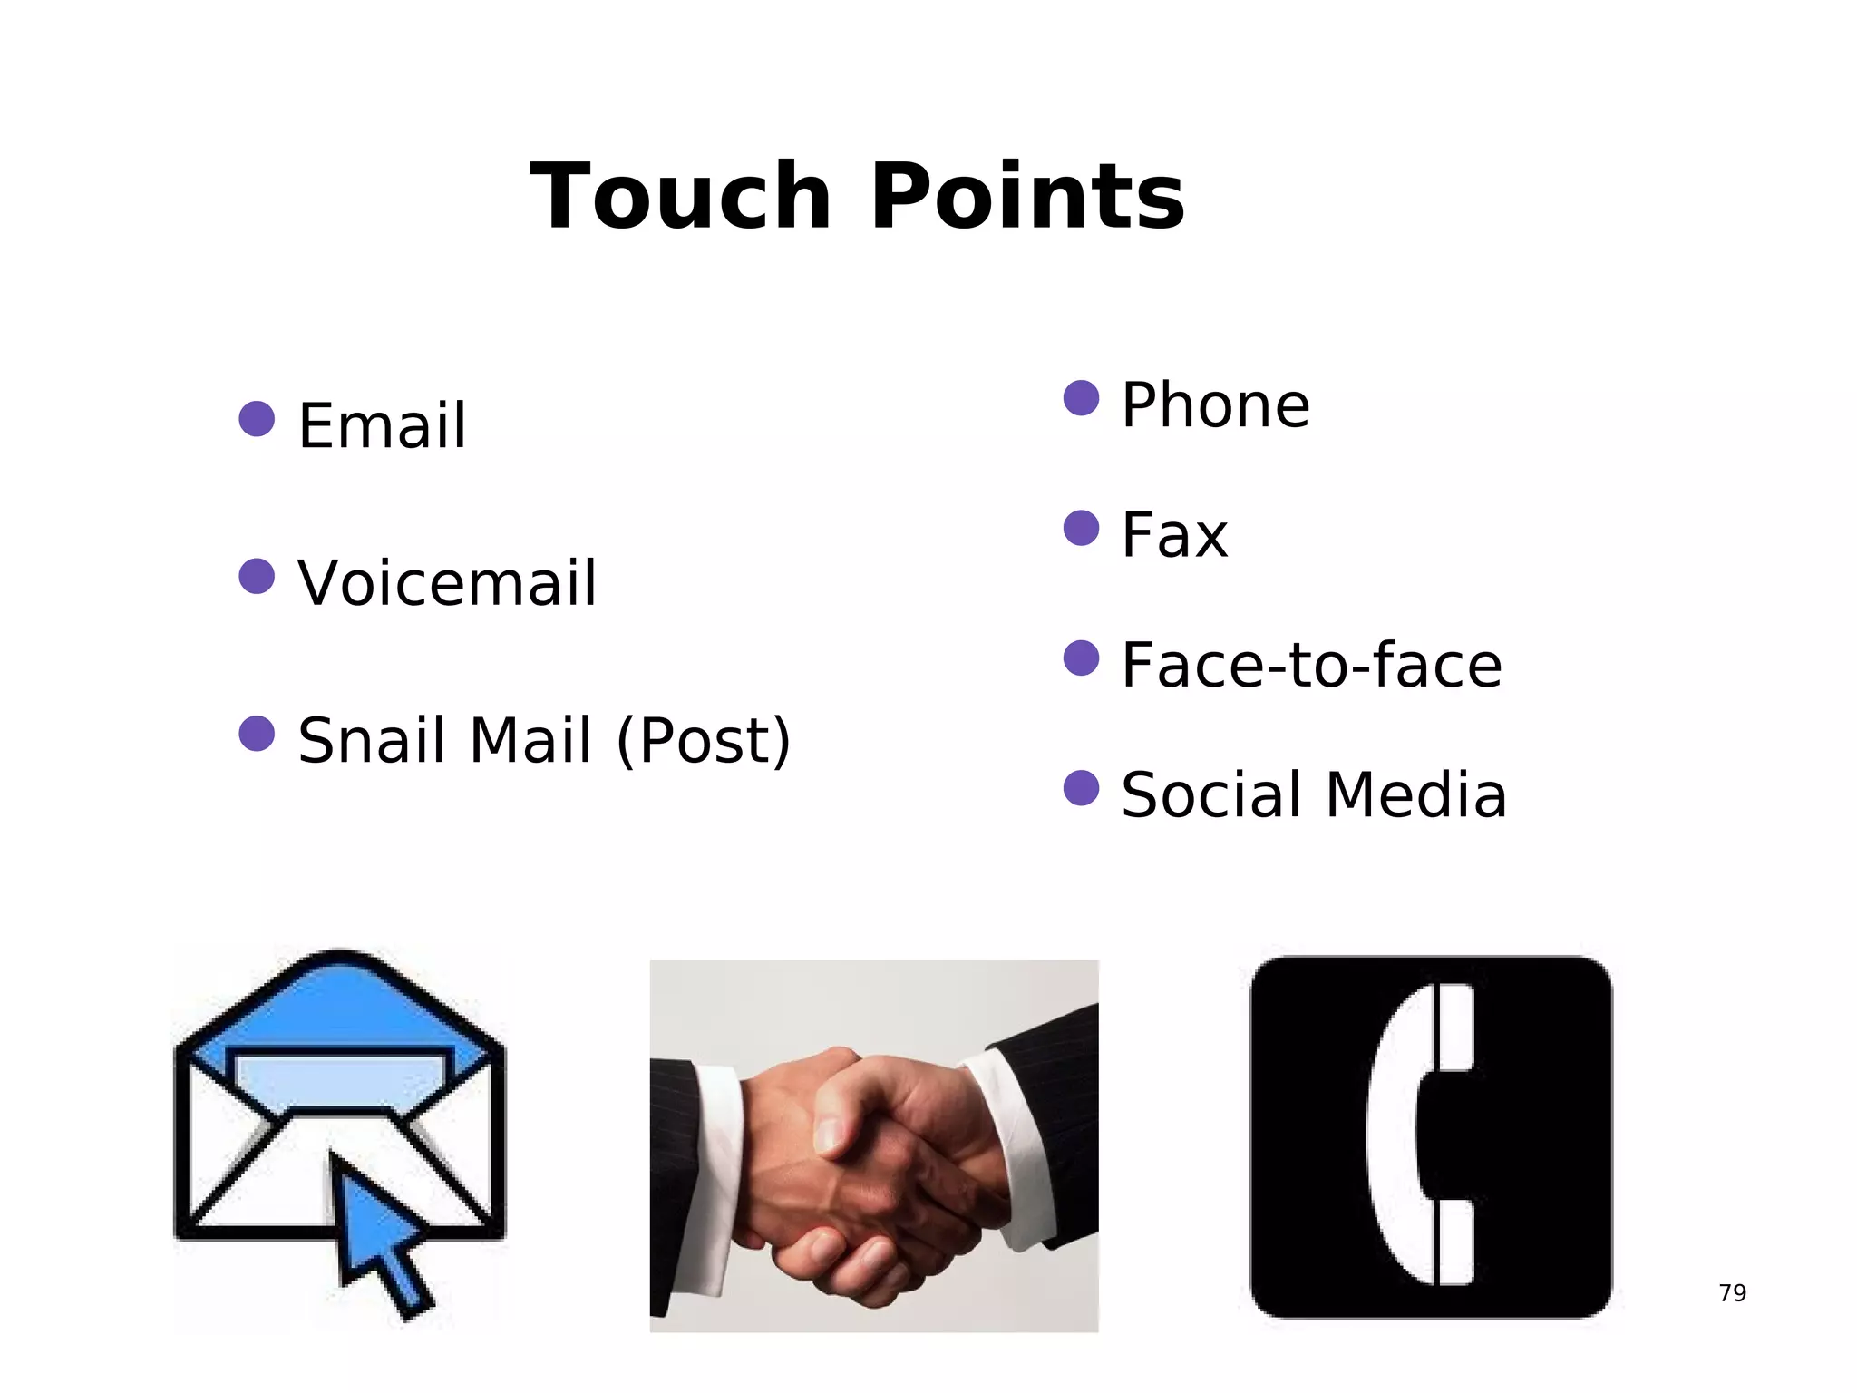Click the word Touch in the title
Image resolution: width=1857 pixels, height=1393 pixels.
680,196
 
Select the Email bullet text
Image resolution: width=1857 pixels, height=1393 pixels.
382,425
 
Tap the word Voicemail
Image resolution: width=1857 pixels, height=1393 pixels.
447,582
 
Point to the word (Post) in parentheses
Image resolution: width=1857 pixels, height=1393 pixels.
704,742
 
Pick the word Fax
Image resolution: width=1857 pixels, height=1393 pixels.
1174,535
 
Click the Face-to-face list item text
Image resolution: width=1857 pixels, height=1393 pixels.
1311,665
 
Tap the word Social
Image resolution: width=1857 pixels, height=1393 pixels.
1213,795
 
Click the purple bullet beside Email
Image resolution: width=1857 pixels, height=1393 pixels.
257,419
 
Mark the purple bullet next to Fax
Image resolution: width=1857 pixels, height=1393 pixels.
1081,528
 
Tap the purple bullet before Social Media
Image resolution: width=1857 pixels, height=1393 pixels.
1081,788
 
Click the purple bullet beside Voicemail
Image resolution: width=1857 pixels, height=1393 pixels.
257,576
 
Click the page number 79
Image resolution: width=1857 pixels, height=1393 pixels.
1732,1292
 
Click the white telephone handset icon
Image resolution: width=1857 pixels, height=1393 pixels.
1419,1134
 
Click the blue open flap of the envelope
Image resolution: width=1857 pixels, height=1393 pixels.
339,1007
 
